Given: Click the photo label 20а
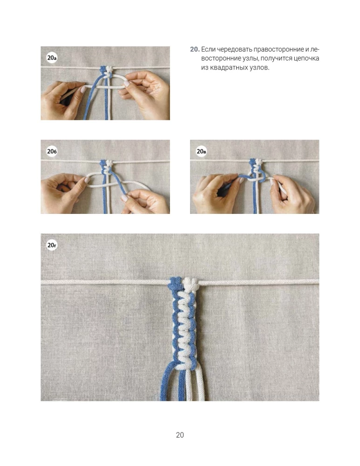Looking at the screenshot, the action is (52, 58).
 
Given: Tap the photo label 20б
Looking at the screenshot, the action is (52, 151).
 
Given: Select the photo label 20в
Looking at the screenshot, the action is (201, 151).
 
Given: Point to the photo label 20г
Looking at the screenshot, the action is (52, 245).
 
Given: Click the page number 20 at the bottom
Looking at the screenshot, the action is (180, 435).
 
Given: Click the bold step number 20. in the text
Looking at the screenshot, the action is (195, 49).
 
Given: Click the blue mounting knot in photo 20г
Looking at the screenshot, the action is (175, 283).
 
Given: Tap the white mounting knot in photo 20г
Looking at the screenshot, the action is (190, 284).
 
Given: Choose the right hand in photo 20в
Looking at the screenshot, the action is (292, 195).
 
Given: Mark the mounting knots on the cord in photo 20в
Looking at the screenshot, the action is (256, 162).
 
